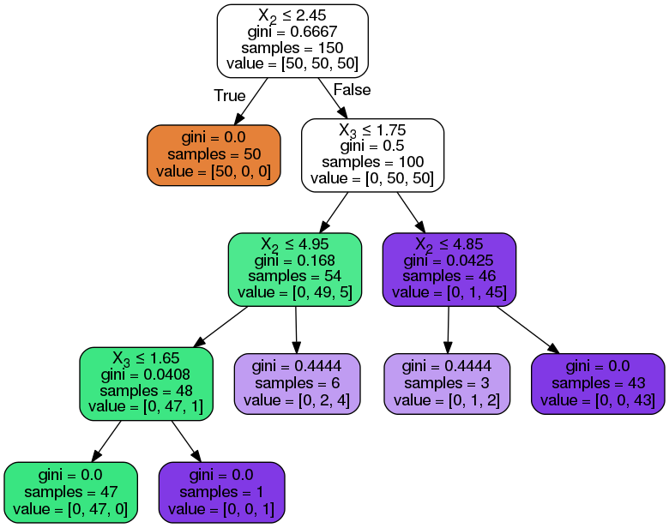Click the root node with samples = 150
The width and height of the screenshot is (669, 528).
point(292,40)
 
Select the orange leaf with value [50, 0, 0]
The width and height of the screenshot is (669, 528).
point(214,155)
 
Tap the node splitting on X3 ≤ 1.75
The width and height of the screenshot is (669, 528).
point(372,155)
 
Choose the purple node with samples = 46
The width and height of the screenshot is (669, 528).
point(449,269)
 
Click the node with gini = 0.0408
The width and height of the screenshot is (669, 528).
point(146,383)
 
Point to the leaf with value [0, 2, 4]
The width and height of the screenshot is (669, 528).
point(297,383)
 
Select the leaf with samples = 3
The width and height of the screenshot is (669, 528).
point(447,383)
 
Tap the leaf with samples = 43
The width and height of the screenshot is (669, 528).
point(598,383)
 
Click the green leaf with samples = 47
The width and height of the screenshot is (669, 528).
point(71,492)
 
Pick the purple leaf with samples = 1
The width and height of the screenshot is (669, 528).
point(222,492)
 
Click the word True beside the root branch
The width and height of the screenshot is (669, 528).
point(229,96)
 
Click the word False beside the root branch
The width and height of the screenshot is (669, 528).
point(352,90)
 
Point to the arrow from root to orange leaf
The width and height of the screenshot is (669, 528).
point(250,101)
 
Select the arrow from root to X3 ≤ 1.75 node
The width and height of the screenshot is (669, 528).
point(334,99)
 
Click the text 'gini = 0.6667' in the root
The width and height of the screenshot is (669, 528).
point(292,32)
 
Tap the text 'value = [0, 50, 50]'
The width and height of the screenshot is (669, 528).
point(372,179)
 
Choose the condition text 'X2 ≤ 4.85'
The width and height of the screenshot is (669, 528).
point(449,244)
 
